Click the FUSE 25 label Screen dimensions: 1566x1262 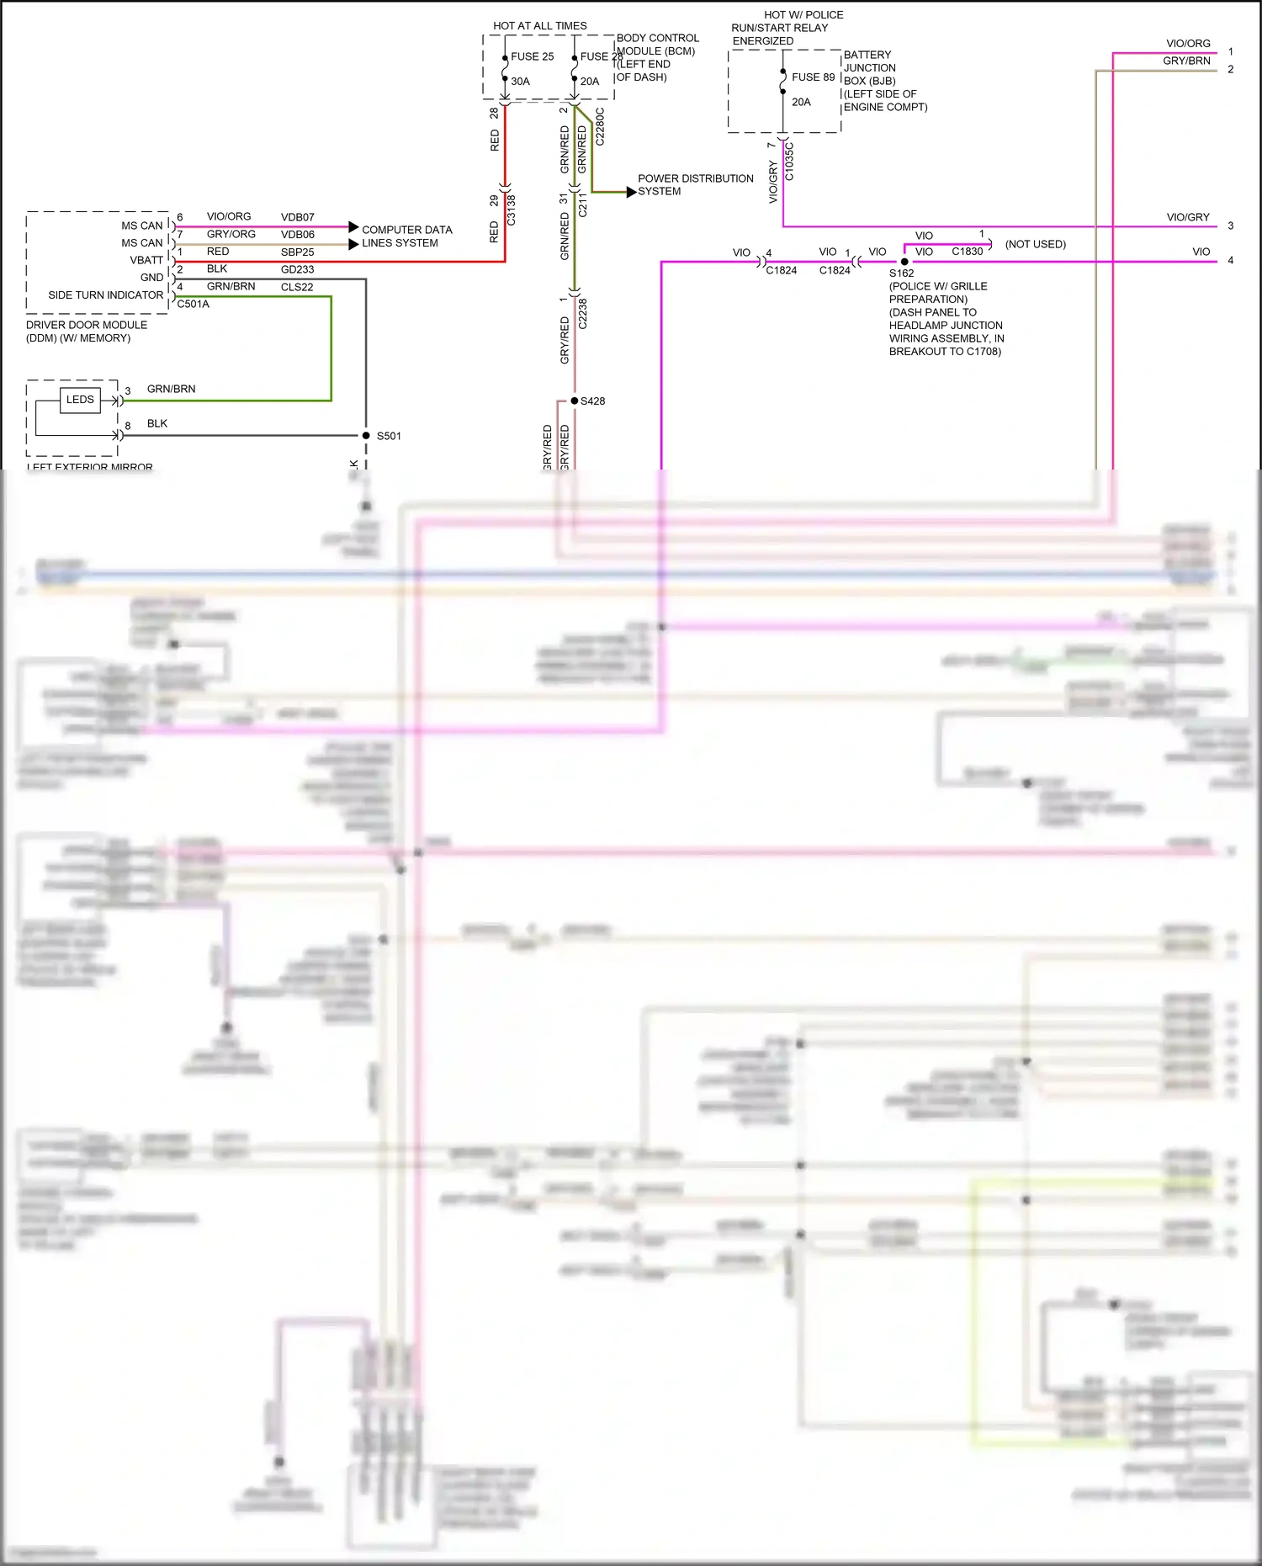tap(532, 56)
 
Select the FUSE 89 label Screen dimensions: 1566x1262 tap(813, 77)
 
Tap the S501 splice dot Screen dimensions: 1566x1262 tap(366, 436)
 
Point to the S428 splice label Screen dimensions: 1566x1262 tap(592, 401)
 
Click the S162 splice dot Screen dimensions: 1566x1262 tap(904, 262)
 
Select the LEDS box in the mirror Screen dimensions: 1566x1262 tap(80, 400)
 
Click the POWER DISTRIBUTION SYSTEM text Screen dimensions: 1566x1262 tap(695, 185)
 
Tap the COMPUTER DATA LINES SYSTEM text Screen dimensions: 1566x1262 tap(406, 236)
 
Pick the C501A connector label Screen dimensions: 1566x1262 tap(193, 305)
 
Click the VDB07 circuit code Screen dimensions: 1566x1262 tap(297, 217)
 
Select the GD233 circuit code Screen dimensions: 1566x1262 tap(297, 270)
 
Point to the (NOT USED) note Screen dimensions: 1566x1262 tap(1035, 244)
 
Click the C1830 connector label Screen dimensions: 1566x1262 tap(967, 252)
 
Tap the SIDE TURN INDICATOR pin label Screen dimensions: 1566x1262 tap(106, 295)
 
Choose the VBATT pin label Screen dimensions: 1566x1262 tap(146, 261)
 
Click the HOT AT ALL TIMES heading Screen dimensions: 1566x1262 tap(539, 26)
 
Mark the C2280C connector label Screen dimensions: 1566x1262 tap(600, 126)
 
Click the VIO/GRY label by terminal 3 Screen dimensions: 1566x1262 tap(1187, 217)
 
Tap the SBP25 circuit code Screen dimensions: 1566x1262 tap(297, 252)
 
